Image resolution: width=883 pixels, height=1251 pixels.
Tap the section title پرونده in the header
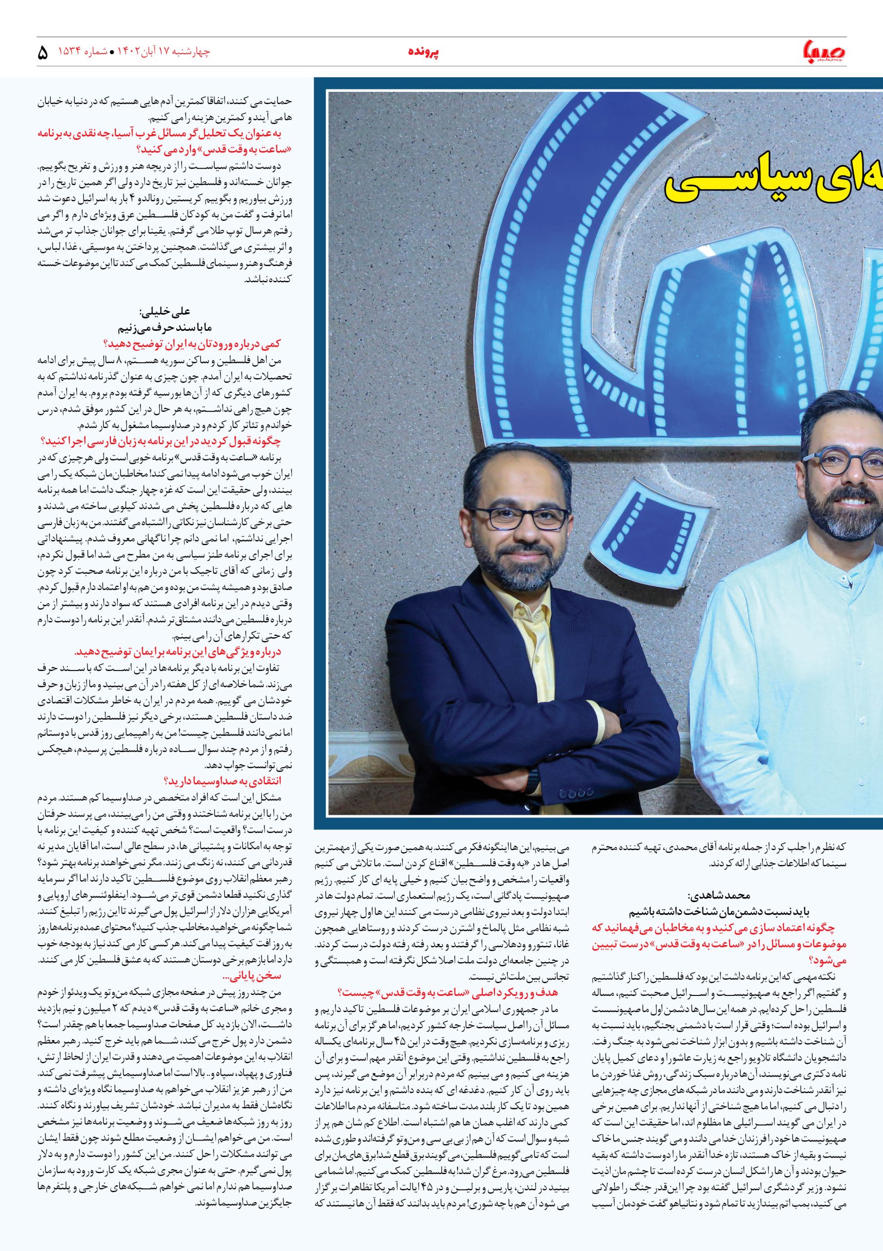[x=423, y=52]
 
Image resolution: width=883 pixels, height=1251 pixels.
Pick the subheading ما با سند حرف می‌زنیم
[x=163, y=328]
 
